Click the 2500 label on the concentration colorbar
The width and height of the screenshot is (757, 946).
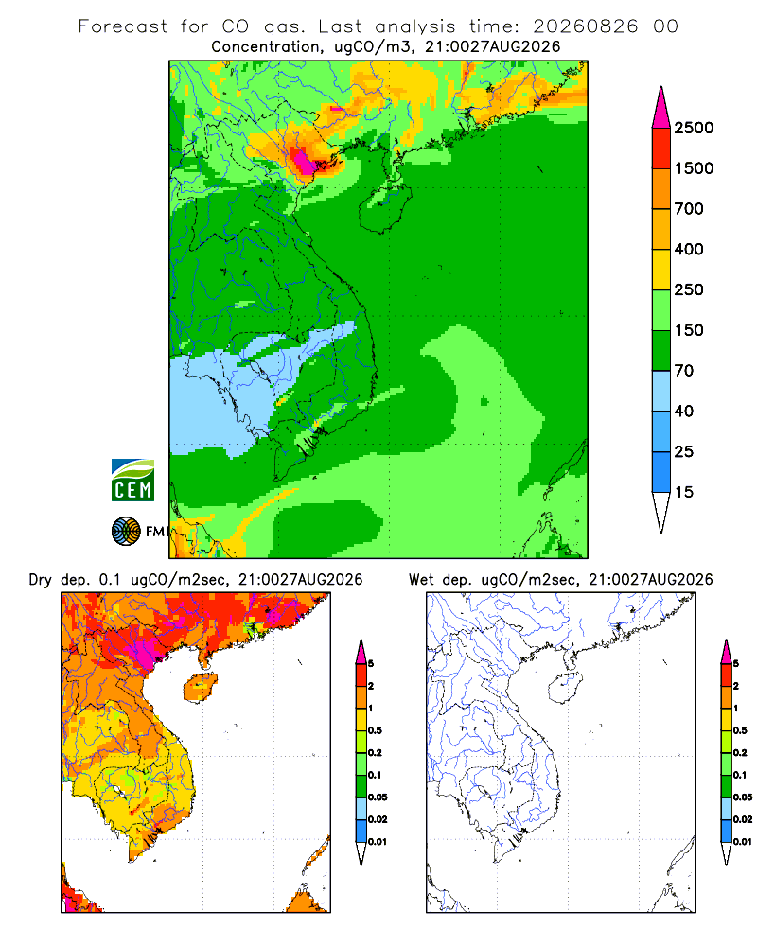[694, 128]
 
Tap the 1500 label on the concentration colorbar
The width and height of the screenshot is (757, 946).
[694, 168]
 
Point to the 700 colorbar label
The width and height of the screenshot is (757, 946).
[689, 209]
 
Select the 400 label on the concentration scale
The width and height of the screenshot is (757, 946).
[689, 249]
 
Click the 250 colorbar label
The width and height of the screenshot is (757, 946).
[689, 289]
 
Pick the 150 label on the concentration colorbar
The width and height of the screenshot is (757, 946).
[689, 330]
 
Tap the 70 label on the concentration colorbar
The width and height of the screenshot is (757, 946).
[684, 371]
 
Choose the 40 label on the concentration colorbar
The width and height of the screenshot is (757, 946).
[684, 411]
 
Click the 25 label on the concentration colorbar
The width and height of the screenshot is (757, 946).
[684, 451]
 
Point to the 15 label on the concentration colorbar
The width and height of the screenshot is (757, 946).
[684, 492]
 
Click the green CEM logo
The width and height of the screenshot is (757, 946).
[132, 481]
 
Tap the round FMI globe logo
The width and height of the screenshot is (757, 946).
[126, 532]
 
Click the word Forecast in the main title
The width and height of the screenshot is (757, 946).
[123, 26]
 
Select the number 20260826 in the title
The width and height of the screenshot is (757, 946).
[585, 26]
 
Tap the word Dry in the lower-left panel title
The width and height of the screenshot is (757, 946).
[40, 580]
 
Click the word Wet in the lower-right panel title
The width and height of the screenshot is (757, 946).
[421, 580]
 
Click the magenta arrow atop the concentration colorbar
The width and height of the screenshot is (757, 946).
[661, 107]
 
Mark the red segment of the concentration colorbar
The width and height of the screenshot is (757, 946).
[661, 149]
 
